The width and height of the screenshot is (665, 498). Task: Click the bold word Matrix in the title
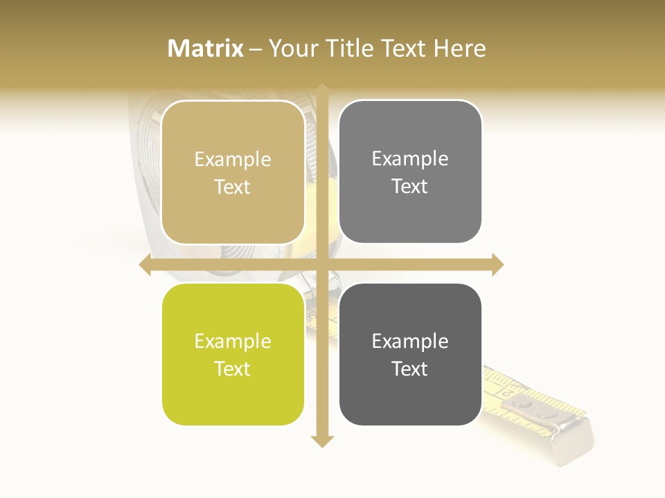click(206, 48)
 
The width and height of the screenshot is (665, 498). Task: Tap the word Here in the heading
click(460, 48)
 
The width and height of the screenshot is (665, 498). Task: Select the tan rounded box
click(233, 172)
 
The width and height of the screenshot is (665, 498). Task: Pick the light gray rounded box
click(410, 172)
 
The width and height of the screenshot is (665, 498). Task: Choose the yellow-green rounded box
click(233, 355)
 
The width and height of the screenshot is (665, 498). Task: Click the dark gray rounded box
click(410, 355)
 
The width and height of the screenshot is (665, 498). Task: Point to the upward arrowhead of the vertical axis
click(322, 89)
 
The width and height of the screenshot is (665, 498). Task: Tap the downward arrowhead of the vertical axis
click(322, 441)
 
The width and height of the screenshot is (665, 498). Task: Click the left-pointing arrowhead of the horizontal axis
click(145, 264)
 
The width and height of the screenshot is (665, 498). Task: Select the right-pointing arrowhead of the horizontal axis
click(498, 264)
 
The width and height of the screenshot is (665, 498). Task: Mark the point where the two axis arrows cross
click(322, 264)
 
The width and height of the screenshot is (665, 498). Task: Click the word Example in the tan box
click(233, 160)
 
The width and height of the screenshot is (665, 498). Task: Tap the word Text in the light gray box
click(410, 187)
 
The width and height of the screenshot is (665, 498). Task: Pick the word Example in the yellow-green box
click(233, 342)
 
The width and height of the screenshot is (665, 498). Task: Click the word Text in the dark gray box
click(410, 369)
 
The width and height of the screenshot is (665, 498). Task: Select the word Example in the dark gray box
click(410, 341)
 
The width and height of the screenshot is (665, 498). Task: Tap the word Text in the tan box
click(233, 187)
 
